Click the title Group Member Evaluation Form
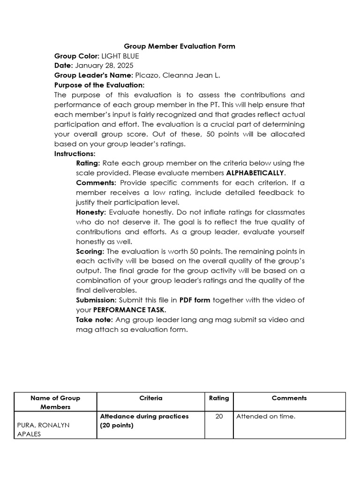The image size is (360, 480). (180, 46)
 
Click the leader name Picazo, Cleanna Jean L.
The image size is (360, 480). (177, 75)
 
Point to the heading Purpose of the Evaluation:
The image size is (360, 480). (99, 85)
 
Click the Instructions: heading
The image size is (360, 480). (75, 153)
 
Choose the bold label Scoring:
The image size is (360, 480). (90, 251)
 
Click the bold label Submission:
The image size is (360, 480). (96, 300)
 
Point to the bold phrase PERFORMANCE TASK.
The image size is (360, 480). (129, 310)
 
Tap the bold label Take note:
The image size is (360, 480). (94, 320)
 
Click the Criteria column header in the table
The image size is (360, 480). (151, 398)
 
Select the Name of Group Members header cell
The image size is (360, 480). (55, 402)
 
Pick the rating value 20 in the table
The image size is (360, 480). (219, 416)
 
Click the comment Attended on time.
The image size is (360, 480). (266, 416)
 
